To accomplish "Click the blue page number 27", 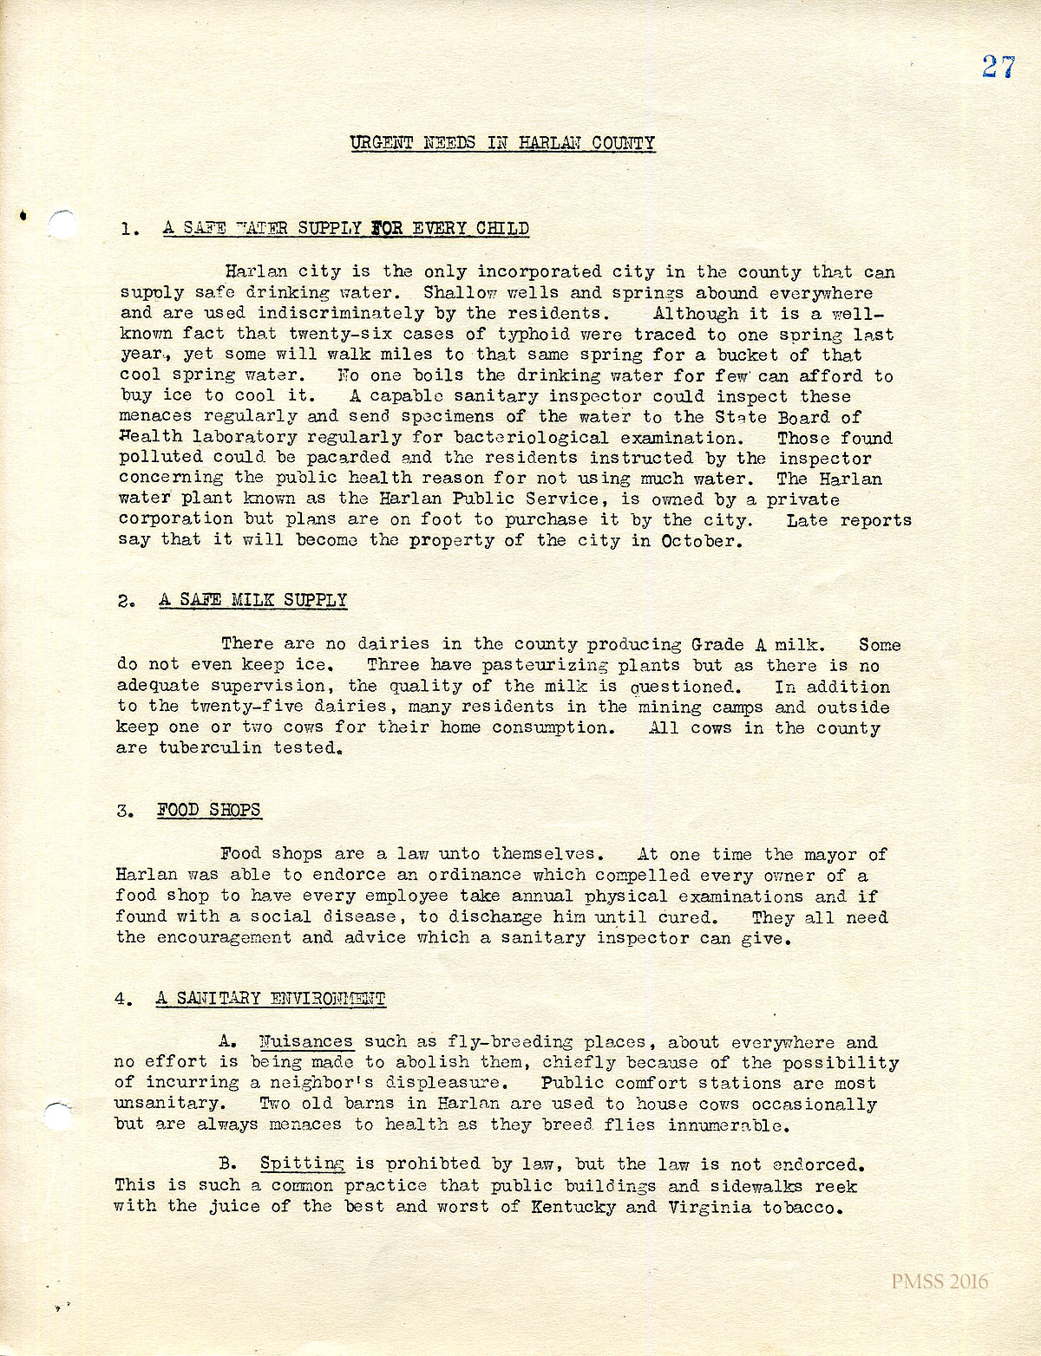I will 998,67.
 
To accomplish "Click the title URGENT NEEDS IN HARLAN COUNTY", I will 502,143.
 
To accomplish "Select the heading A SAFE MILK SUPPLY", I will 252,600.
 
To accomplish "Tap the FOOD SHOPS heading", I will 208,810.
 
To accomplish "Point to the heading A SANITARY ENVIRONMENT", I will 270,998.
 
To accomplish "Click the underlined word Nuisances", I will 306,1041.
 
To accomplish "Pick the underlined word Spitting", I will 302,1164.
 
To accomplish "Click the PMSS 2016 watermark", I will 940,1281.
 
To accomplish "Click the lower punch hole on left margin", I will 57,1115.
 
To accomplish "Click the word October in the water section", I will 698,541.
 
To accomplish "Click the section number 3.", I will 124,812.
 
